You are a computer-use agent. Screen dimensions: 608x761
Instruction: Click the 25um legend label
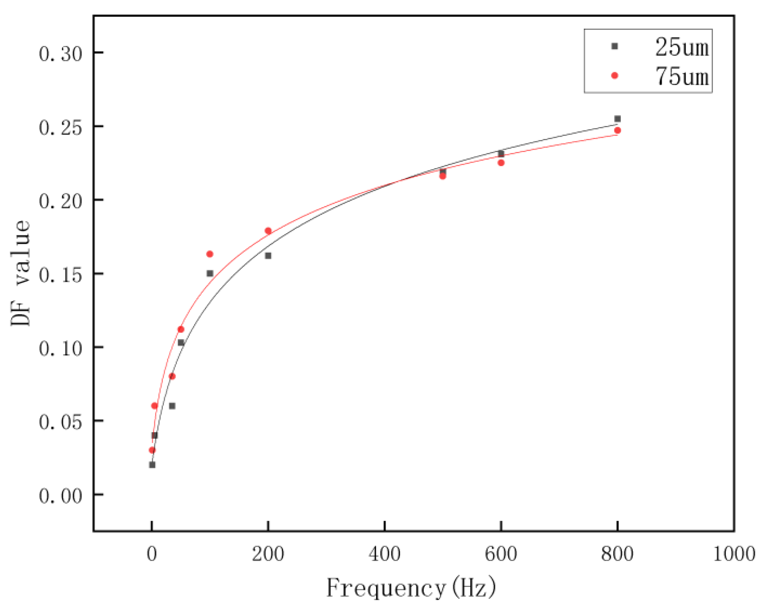682,47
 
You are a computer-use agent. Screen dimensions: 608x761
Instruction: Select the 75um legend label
682,76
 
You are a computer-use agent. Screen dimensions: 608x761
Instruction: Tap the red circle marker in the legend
615,76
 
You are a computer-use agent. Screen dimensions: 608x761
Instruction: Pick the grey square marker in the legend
615,46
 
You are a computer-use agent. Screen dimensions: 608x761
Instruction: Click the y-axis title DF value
20,273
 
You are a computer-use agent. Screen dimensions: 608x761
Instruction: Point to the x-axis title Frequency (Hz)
411,588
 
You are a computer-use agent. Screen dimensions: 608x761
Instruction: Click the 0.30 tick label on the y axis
61,54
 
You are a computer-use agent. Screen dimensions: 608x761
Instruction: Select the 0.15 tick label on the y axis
61,275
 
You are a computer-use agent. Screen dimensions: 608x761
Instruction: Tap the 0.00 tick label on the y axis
61,496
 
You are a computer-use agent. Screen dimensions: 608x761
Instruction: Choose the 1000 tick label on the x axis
734,554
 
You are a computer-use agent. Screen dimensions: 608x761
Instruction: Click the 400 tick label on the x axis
385,554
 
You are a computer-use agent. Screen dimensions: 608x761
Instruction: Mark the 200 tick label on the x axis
268,554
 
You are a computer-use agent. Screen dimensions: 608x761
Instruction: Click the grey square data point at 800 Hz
617,119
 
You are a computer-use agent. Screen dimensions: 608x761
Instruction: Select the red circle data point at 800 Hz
617,131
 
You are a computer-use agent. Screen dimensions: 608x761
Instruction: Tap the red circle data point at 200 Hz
268,231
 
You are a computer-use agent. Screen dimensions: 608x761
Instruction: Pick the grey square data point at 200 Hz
268,256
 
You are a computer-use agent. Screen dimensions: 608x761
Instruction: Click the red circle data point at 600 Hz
501,163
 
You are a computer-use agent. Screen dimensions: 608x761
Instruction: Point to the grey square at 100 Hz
210,273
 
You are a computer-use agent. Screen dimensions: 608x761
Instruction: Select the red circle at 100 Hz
210,254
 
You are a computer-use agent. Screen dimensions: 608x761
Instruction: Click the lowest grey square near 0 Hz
152,465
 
